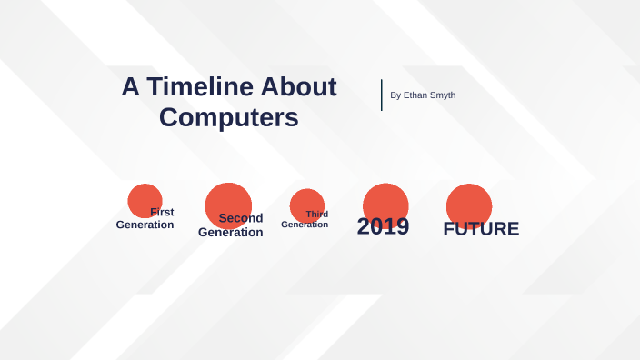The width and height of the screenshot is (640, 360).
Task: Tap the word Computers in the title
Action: click(x=228, y=117)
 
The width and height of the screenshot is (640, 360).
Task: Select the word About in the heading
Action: click(x=298, y=86)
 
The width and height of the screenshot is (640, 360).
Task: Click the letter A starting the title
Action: click(x=131, y=86)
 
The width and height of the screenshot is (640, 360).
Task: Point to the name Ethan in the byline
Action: click(x=417, y=95)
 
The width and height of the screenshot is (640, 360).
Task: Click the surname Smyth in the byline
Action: click(x=444, y=95)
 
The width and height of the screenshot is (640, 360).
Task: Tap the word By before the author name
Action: click(x=395, y=95)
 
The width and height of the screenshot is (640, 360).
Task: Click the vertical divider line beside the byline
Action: click(x=382, y=95)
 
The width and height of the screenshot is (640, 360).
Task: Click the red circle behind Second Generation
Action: click(x=228, y=202)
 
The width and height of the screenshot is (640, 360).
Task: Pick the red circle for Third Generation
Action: click(x=306, y=202)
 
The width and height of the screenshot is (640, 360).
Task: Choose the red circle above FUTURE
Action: click(x=469, y=203)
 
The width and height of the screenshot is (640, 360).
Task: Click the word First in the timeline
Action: click(x=162, y=212)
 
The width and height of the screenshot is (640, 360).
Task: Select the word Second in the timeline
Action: click(x=241, y=218)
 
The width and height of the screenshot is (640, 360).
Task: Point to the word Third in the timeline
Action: click(x=316, y=215)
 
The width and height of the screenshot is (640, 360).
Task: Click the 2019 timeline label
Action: click(x=383, y=226)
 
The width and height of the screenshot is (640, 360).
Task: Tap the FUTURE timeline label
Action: click(x=481, y=229)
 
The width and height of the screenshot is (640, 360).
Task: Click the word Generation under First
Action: click(x=145, y=225)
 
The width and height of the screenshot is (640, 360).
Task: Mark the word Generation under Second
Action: click(x=230, y=233)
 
